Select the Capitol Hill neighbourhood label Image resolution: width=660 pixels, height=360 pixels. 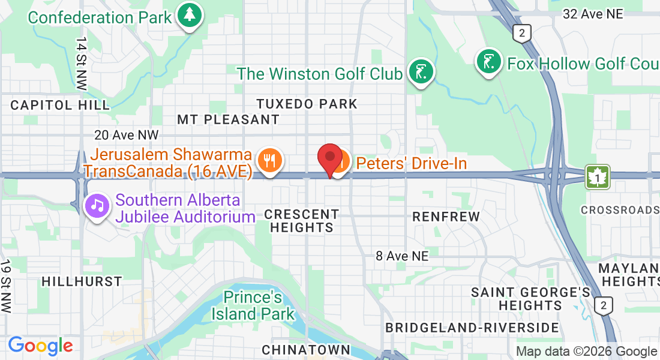coord(60,105)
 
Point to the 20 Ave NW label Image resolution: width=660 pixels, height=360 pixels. coord(127,136)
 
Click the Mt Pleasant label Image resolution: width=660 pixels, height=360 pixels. coord(228,119)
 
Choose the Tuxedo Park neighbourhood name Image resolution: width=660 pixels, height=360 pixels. coord(307,104)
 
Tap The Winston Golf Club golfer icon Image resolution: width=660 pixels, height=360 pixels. coord(421,72)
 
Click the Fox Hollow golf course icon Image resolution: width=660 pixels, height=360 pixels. coord(489,61)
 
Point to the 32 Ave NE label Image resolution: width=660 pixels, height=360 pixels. coord(593,13)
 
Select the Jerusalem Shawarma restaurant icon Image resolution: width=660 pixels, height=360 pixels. coord(269,161)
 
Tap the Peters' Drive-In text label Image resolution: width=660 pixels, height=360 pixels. coord(411,163)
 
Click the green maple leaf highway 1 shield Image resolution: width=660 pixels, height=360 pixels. coord(598,178)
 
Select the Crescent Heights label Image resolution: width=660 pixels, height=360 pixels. coord(301,221)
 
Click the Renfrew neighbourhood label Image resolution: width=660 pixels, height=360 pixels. coord(446,216)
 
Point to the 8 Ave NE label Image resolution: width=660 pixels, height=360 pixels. coord(403,256)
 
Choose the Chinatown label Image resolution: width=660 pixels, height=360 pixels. coord(306,349)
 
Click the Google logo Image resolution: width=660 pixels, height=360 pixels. coord(40,346)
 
